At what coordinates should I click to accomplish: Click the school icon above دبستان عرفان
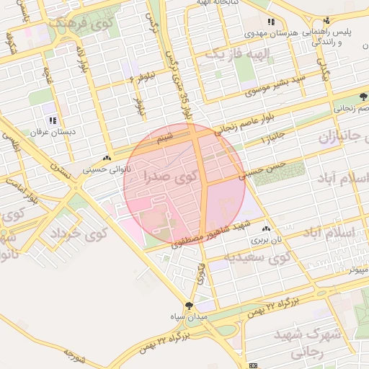52,120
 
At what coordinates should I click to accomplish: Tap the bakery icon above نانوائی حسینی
107,158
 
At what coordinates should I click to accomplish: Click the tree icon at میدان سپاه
190,306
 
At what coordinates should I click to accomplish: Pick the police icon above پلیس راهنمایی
326,21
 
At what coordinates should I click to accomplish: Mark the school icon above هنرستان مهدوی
271,22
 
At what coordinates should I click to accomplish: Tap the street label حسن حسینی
264,169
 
